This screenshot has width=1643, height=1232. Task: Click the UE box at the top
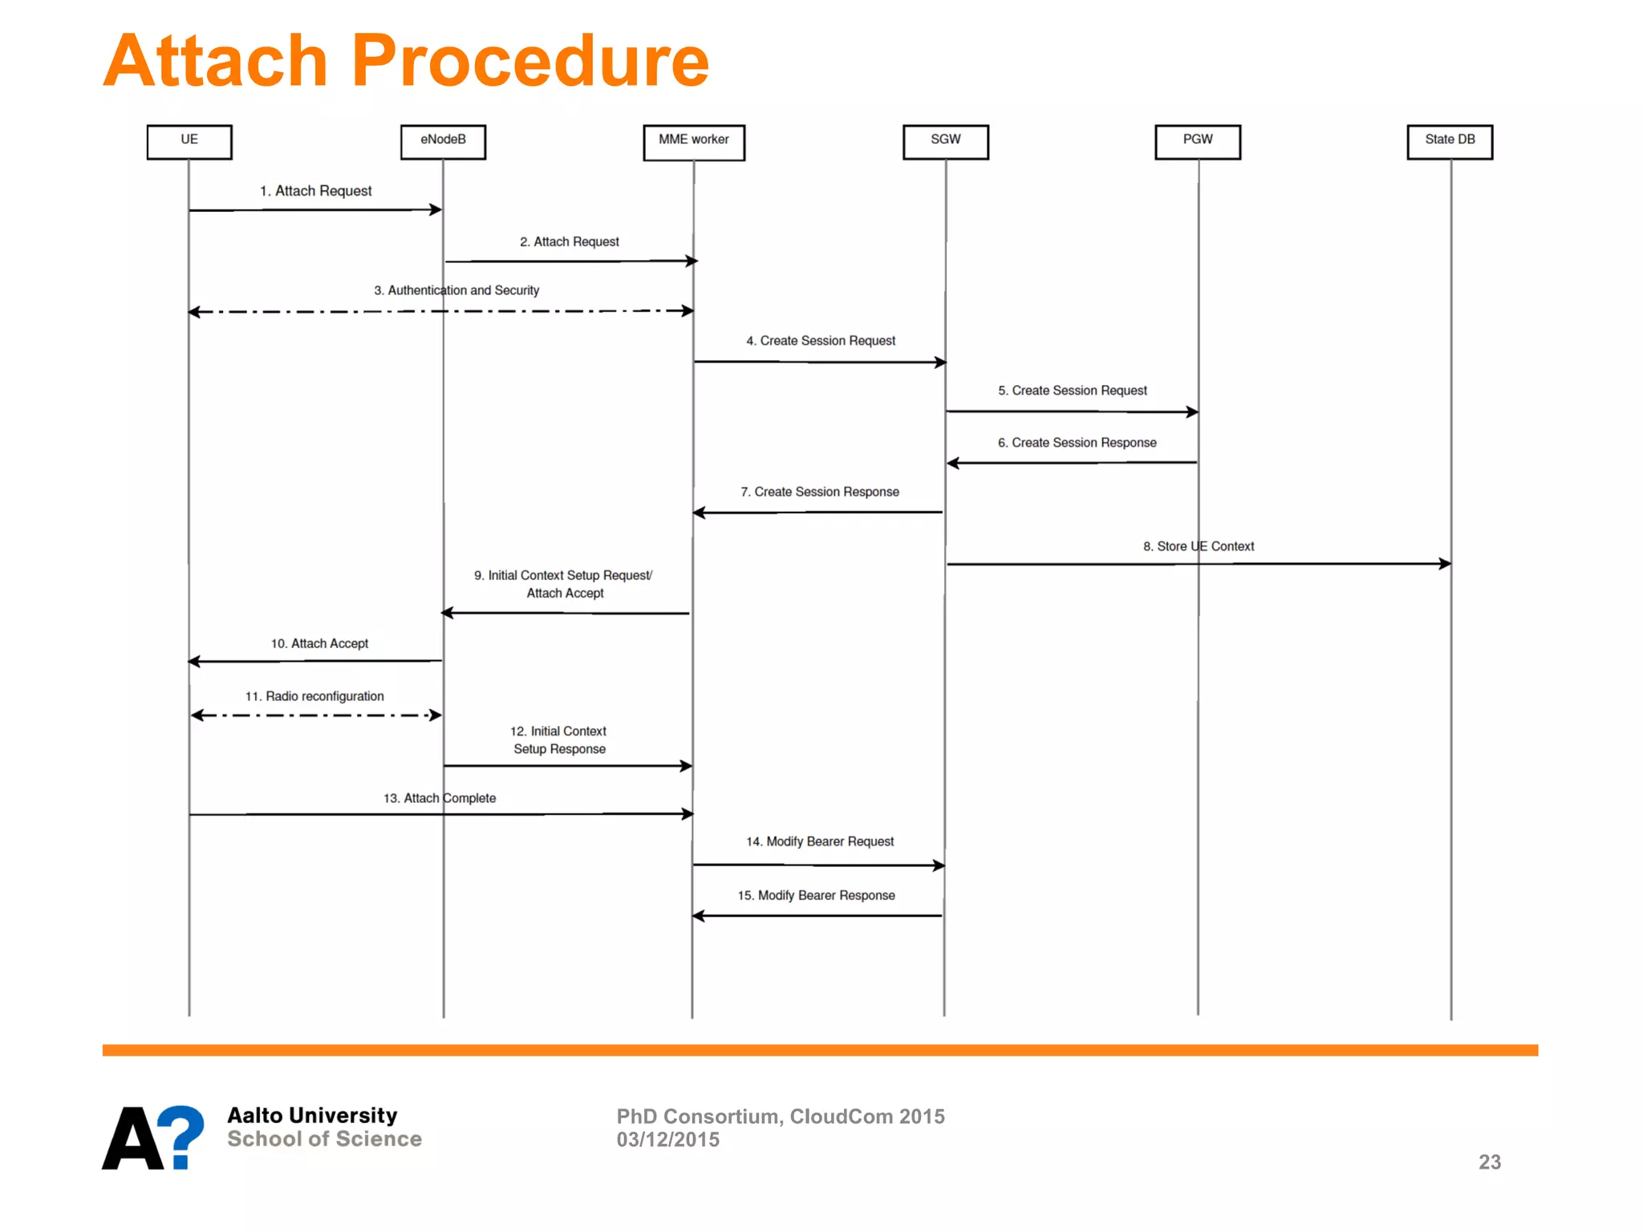coord(189,141)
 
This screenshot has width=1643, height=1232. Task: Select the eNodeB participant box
coord(443,141)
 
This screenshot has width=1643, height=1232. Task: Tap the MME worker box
coord(693,142)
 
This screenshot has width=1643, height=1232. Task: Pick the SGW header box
coord(945,141)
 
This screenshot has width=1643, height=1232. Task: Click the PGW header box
coord(1197,141)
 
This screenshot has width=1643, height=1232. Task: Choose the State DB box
coord(1449,141)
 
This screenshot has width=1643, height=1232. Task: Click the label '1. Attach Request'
coord(315,191)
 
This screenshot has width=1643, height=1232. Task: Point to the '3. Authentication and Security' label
coord(456,290)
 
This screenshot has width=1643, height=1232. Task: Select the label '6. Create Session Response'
coord(1077,443)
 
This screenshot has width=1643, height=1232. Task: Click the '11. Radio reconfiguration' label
coord(314,696)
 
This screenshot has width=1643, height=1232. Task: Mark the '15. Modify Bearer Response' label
coord(816,895)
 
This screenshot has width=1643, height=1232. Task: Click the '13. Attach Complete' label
coord(439,798)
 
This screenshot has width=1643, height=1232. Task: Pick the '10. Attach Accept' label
coord(319,643)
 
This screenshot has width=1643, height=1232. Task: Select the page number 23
coord(1489,1161)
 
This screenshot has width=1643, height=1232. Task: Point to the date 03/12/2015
coord(667,1140)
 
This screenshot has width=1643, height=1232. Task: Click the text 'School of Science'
coord(324,1139)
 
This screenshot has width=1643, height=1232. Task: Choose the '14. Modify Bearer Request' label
coord(819,841)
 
